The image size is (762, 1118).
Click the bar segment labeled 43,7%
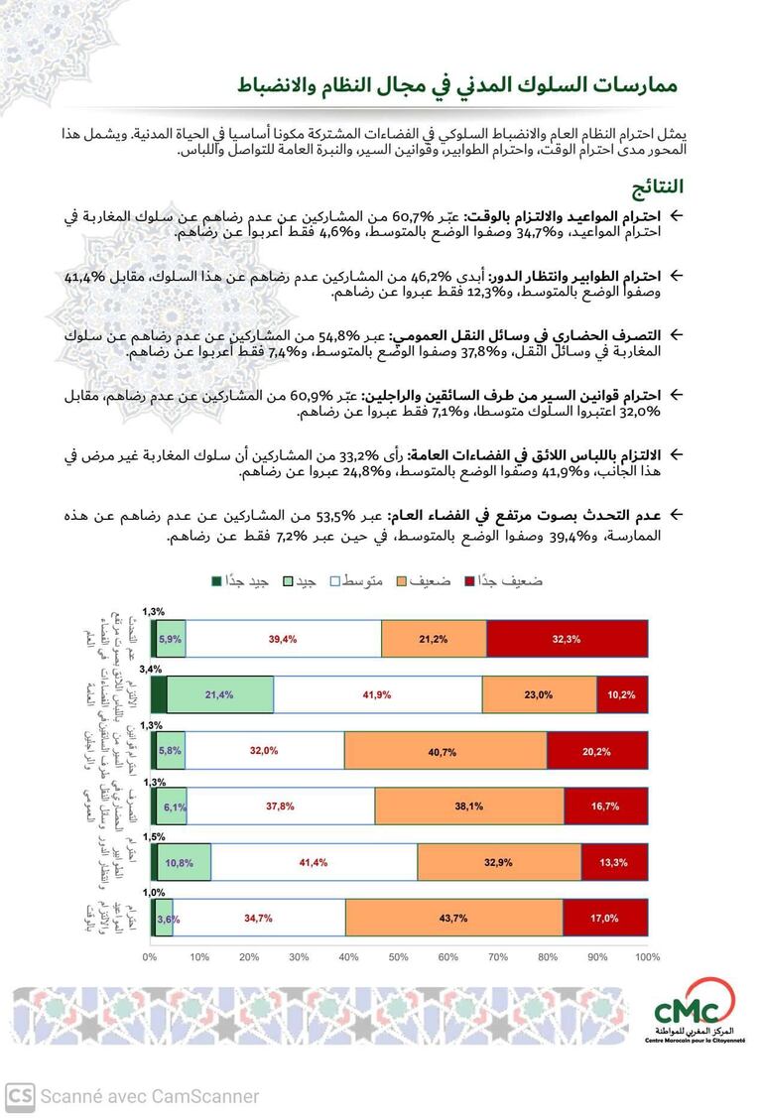(x=453, y=918)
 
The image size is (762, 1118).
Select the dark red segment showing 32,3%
(x=567, y=639)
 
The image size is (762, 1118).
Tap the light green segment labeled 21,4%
(x=219, y=694)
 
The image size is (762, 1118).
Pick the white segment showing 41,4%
(x=314, y=862)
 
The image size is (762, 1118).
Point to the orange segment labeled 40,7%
(x=444, y=751)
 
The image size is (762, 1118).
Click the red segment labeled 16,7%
(x=605, y=807)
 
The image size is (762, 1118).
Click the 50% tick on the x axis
(x=399, y=957)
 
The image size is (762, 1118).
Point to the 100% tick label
(x=647, y=957)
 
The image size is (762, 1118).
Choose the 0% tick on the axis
(x=150, y=957)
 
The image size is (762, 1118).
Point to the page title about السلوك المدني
(x=456, y=86)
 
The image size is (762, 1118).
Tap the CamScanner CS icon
(x=19, y=1095)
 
